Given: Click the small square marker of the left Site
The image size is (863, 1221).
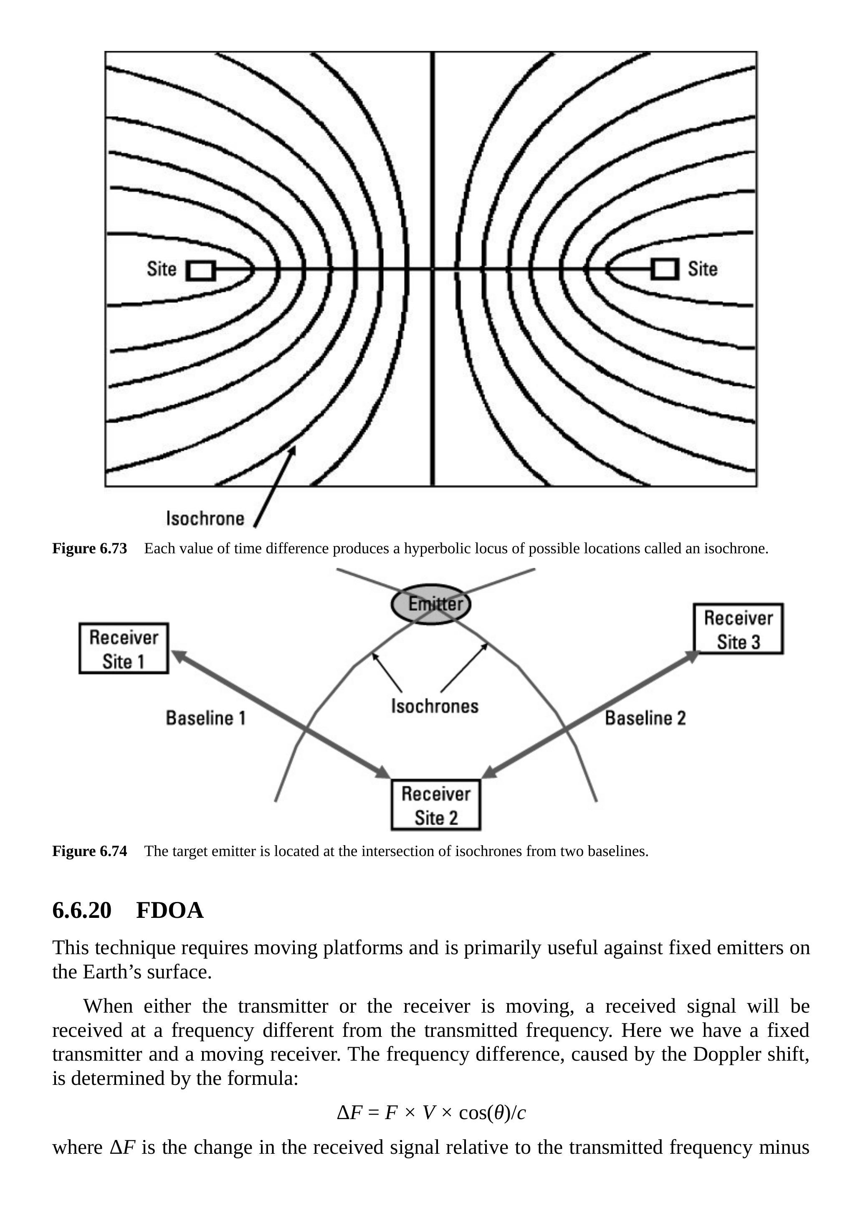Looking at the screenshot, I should point(200,271).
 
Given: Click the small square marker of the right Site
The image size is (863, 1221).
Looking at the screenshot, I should point(665,269).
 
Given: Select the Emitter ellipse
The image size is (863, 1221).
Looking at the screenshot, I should point(431,604).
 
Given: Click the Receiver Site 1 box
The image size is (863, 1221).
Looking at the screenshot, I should point(124,648).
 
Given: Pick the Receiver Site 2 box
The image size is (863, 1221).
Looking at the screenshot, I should point(435,805).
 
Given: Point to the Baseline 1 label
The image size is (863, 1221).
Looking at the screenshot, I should point(206,718).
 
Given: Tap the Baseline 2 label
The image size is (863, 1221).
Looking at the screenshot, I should point(645,718).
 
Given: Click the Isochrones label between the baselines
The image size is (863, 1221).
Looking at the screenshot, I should point(435,706).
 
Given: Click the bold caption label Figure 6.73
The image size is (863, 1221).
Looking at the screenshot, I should point(89,548).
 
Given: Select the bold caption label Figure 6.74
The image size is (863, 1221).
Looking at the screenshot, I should point(89,851).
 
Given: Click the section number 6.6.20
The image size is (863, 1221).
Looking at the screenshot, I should point(82,910).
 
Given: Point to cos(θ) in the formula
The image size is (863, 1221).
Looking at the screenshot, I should point(484,1112).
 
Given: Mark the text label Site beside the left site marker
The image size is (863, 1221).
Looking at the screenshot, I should point(161,269).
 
